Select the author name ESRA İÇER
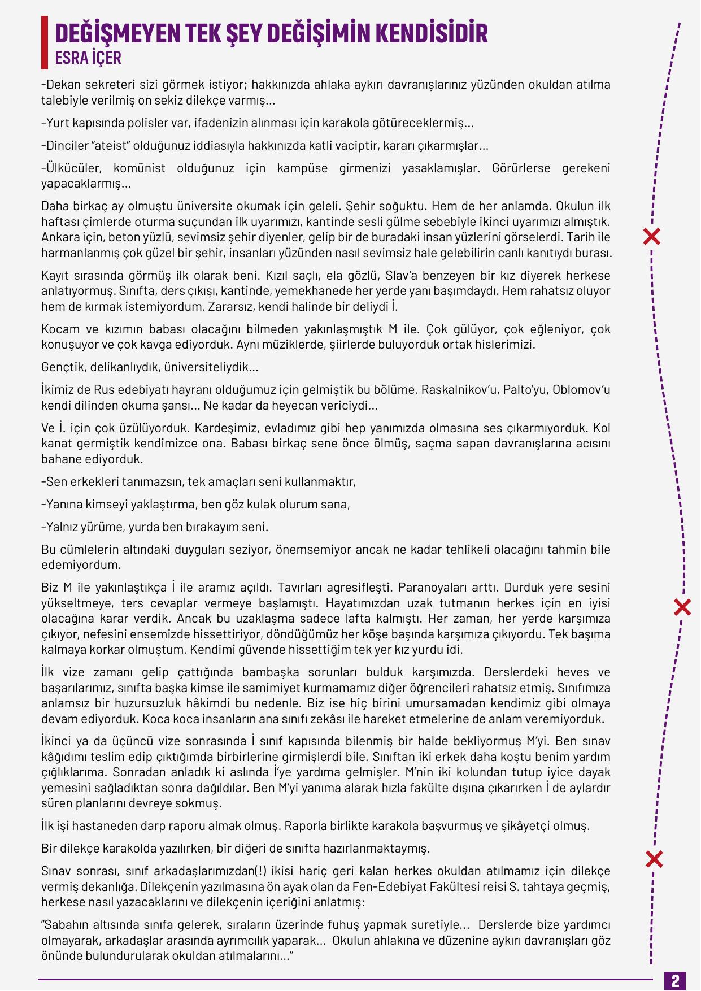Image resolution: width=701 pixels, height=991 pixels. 88,58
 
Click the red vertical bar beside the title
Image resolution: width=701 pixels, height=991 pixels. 45,42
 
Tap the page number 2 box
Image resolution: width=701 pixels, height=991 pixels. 676,980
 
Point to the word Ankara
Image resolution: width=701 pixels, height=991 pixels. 58,237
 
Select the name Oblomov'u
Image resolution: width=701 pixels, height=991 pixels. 581,390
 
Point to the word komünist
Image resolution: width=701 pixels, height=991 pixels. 140,168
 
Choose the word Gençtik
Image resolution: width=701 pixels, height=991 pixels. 60,367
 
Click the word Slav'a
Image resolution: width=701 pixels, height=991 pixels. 402,276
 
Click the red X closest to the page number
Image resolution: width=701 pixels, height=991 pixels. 654,860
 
